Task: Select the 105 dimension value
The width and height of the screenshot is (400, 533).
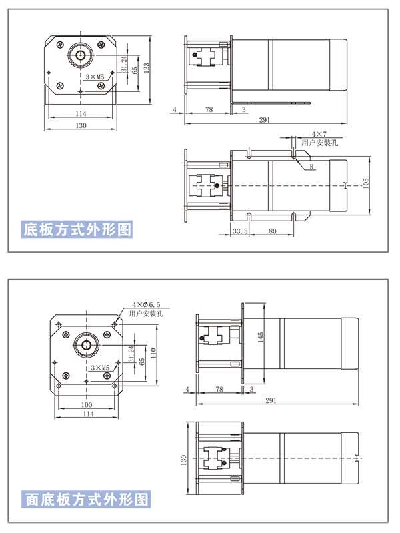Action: (365, 183)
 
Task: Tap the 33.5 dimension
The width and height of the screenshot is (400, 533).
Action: (241, 231)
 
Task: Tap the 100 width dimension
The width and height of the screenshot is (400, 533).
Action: (87, 404)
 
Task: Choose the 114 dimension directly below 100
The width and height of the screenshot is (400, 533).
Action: (87, 414)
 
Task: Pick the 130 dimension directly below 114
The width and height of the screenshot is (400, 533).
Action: (80, 125)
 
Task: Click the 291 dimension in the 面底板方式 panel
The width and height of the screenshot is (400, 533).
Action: (271, 400)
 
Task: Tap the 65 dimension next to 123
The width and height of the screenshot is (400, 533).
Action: (135, 69)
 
